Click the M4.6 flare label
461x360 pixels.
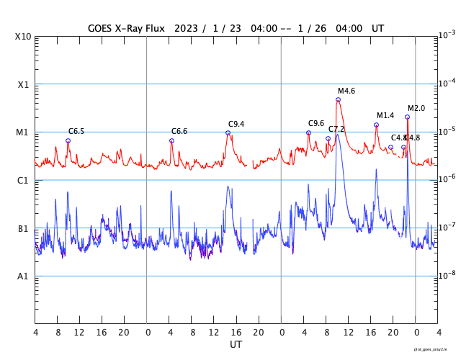[346, 91]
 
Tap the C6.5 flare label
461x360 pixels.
[76, 131]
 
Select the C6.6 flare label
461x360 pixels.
[179, 131]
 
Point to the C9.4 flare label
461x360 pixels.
[236, 124]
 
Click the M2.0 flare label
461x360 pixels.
[416, 108]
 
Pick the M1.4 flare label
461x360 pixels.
[385, 115]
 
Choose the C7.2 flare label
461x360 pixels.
[336, 129]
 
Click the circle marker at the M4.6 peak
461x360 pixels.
[338, 99]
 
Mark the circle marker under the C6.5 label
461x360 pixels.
[68, 140]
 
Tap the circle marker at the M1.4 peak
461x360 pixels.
[376, 125]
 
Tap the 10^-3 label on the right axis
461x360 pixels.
[447, 35]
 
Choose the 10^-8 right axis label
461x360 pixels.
[447, 274]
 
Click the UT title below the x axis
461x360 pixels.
[236, 345]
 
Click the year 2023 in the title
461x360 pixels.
[187, 28]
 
